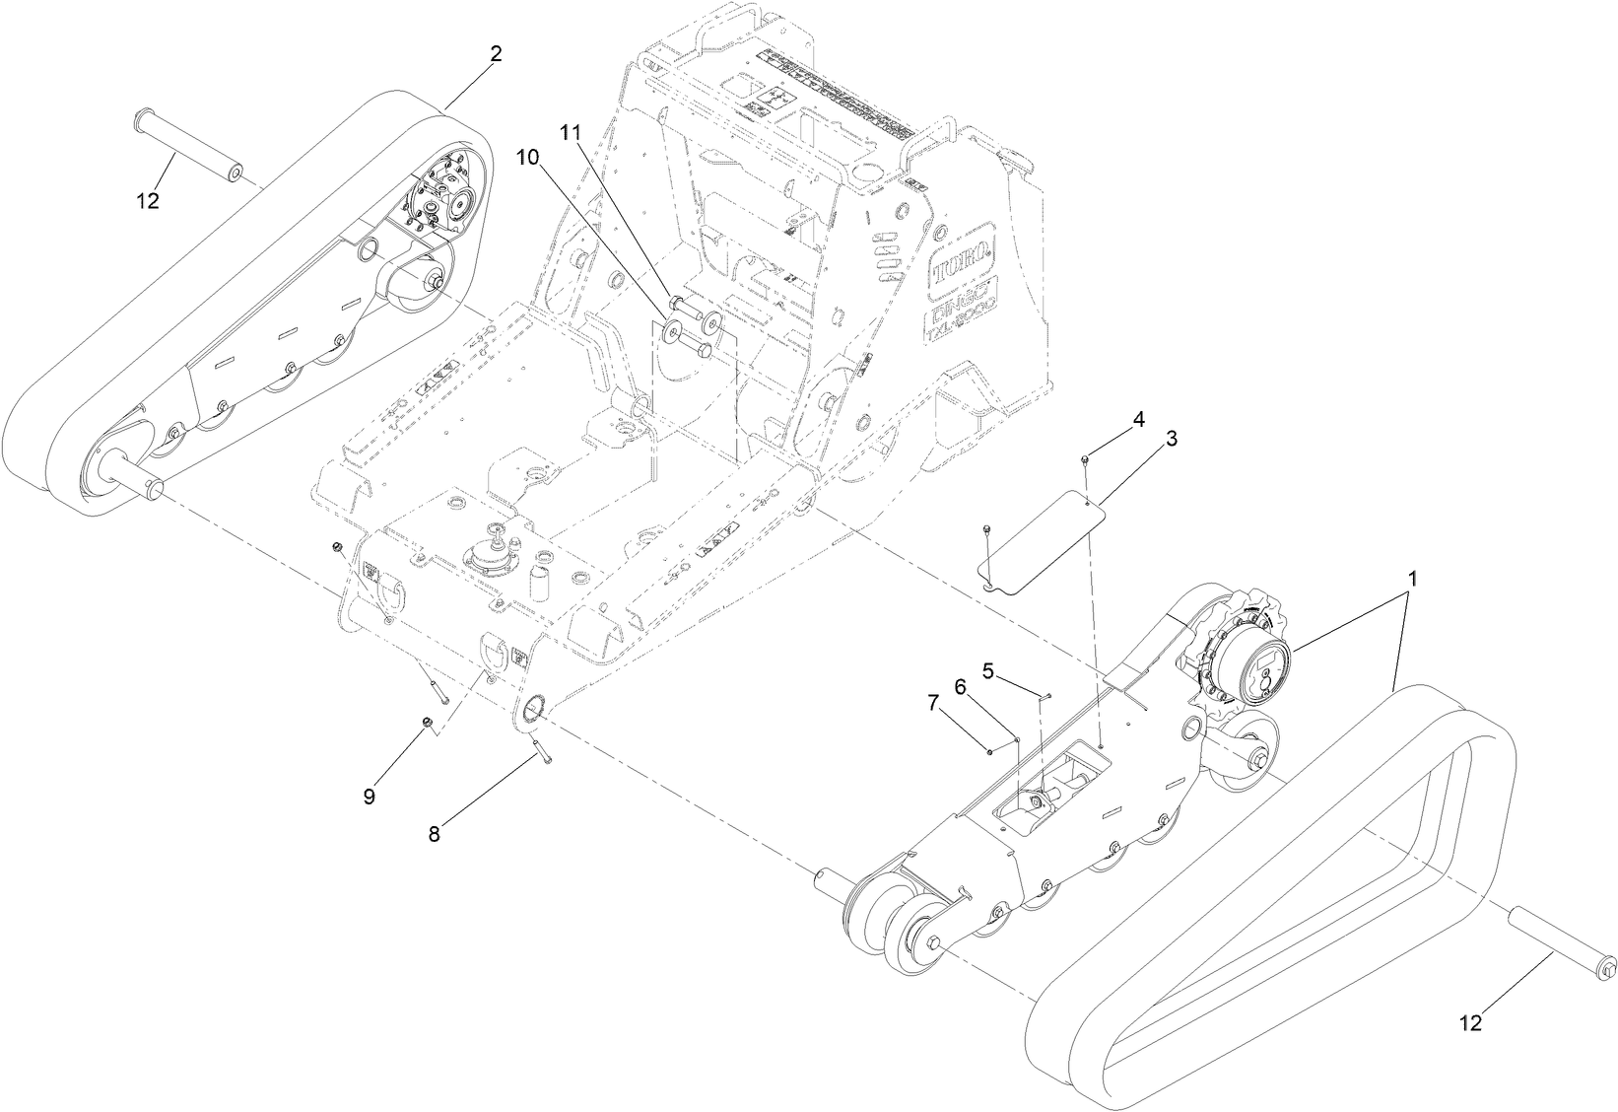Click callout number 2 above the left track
(496, 54)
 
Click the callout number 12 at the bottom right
(1470, 1023)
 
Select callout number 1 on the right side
(1413, 581)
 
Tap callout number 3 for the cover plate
(1172, 439)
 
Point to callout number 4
(1138, 418)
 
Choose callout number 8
(435, 833)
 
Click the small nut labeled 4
(1084, 459)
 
